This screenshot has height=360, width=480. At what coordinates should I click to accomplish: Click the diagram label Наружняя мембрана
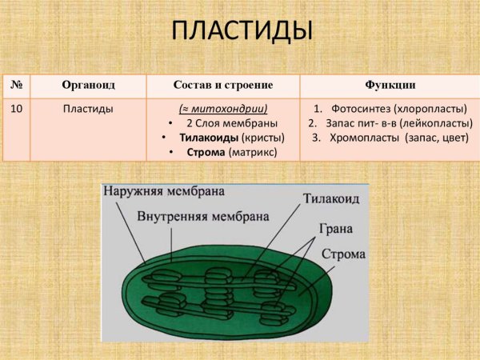(163, 193)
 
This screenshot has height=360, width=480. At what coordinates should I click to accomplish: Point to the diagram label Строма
(343, 255)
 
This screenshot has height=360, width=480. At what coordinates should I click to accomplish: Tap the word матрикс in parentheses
(251, 152)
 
